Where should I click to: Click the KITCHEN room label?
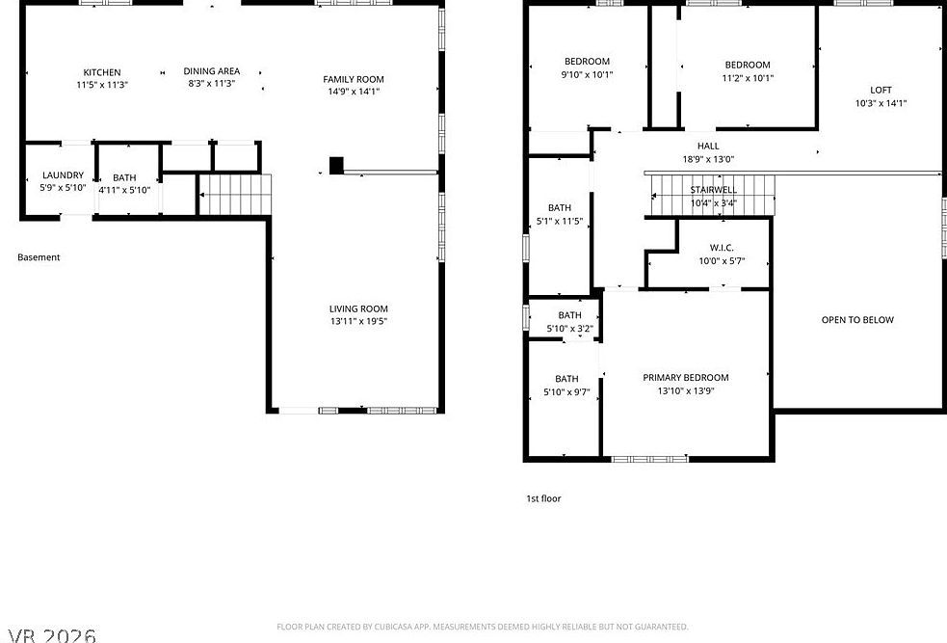[102, 72]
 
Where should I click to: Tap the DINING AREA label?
[212, 71]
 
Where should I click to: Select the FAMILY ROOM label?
[354, 79]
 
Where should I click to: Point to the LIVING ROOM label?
[358, 308]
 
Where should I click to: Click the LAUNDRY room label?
[63, 174]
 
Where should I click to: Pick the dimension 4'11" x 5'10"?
[124, 190]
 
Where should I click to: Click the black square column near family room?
[336, 166]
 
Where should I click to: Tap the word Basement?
[39, 257]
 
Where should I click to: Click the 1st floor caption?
[543, 498]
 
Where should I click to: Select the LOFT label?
[881, 90]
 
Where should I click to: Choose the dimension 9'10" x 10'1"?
[587, 75]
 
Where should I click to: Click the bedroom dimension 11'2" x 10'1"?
[748, 78]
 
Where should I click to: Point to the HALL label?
[708, 147]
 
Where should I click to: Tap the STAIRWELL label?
[713, 190]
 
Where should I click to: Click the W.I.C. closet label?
[722, 248]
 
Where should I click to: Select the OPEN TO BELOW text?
[857, 320]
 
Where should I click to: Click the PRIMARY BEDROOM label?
[686, 377]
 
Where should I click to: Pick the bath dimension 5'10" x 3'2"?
[569, 329]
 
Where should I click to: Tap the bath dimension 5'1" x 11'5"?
[559, 221]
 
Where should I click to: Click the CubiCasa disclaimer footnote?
[482, 627]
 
